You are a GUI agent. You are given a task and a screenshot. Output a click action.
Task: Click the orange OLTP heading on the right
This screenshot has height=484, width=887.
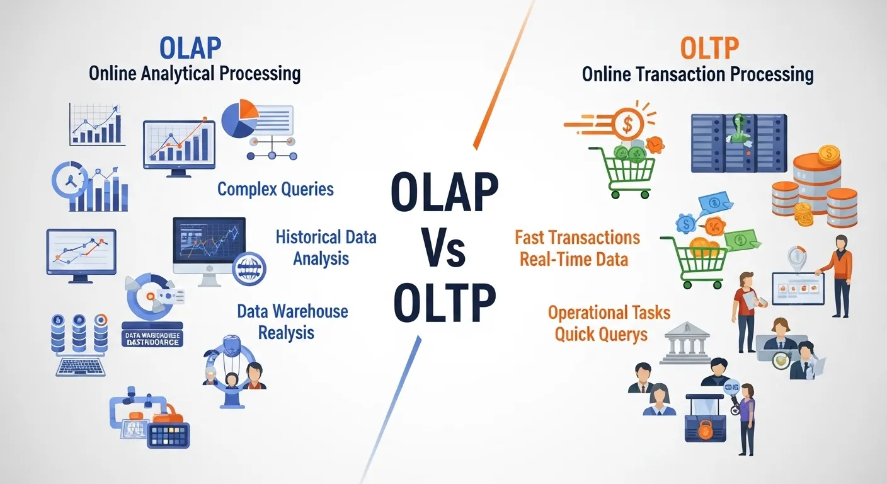click(x=709, y=49)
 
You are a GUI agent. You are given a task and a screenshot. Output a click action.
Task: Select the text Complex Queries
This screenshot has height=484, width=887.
click(x=275, y=188)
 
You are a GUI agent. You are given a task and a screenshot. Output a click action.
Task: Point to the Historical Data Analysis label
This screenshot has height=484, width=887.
click(x=326, y=247)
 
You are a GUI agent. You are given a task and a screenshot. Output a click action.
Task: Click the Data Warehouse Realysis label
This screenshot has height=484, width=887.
click(x=292, y=321)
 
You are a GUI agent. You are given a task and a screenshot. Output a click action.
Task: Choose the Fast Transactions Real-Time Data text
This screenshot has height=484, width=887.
click(x=576, y=248)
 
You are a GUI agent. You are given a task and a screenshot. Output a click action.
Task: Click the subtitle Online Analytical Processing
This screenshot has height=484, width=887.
click(x=194, y=74)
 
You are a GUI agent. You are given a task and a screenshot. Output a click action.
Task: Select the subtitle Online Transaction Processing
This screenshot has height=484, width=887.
click(x=697, y=75)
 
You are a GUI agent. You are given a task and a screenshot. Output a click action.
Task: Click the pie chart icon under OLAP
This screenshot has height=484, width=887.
click(x=239, y=120)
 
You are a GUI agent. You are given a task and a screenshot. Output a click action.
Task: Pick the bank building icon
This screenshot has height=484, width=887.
click(x=684, y=344)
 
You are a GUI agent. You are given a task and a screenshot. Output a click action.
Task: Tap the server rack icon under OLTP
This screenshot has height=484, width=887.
click(x=738, y=143)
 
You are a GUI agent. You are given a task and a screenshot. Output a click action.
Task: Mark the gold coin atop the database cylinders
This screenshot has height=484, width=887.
click(x=829, y=153)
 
